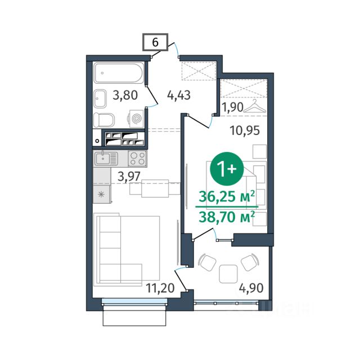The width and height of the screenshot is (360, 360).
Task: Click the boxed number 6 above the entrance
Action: pos(155,42)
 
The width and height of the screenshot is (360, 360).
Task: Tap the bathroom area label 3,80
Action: pos(125,95)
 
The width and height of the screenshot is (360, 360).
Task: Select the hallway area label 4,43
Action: pos(179,95)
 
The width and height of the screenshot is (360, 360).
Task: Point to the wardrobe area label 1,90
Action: pos(232,107)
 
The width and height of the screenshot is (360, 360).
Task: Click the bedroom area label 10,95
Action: pos(245,130)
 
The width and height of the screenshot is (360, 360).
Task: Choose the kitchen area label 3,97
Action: pos(129,177)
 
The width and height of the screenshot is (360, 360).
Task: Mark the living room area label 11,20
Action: pos(160,288)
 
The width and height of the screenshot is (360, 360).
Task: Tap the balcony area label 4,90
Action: pos(251,288)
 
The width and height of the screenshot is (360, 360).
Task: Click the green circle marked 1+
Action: pos(226,169)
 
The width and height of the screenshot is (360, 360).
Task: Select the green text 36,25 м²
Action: pos(227,196)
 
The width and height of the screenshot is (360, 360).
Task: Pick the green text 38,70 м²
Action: pos(227,217)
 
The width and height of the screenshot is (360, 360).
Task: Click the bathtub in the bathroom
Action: pos(119,73)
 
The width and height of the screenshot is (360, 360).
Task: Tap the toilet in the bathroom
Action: pos(104,120)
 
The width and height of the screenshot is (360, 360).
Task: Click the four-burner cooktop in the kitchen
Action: pos(137,159)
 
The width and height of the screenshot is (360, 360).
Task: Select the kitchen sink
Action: pos(106,159)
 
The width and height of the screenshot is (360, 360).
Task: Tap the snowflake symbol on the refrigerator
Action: pos(101,195)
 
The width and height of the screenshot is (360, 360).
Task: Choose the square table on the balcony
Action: pos(228,274)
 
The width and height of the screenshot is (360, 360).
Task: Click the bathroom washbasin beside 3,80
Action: pos(100,99)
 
